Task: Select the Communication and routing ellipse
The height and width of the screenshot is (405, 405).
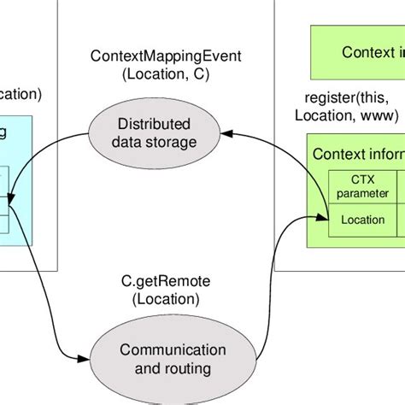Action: [161, 359]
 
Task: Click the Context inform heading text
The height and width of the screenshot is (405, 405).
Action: [358, 154]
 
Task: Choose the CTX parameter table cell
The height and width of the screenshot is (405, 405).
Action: [362, 185]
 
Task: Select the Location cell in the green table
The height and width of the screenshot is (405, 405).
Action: [362, 219]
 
